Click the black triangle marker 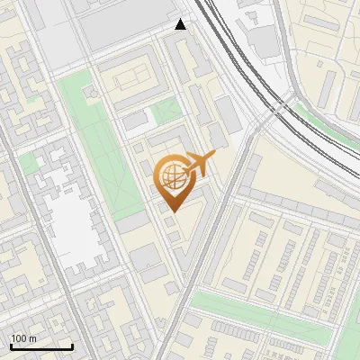[181, 24]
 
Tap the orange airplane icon [199, 164]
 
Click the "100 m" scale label [23, 338]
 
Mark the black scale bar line [41, 346]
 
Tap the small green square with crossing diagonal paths [166, 112]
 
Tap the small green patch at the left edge [28, 163]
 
